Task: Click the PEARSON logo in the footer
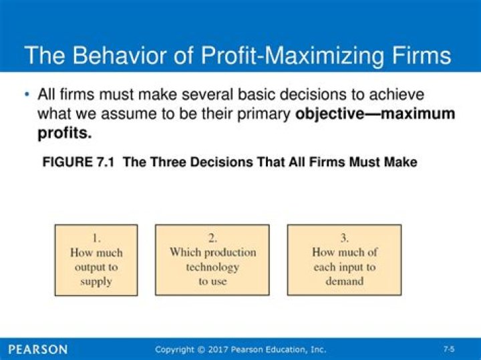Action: (39, 349)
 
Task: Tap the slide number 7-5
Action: (449, 349)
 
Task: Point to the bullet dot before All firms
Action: (27, 94)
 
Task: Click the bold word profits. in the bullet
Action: (63, 133)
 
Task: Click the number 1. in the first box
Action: (96, 238)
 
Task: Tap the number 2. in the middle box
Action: (212, 238)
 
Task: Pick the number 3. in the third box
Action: (344, 238)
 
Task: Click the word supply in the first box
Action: (96, 281)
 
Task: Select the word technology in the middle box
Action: (212, 267)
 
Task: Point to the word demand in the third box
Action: (345, 281)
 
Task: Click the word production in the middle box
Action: (230, 252)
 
